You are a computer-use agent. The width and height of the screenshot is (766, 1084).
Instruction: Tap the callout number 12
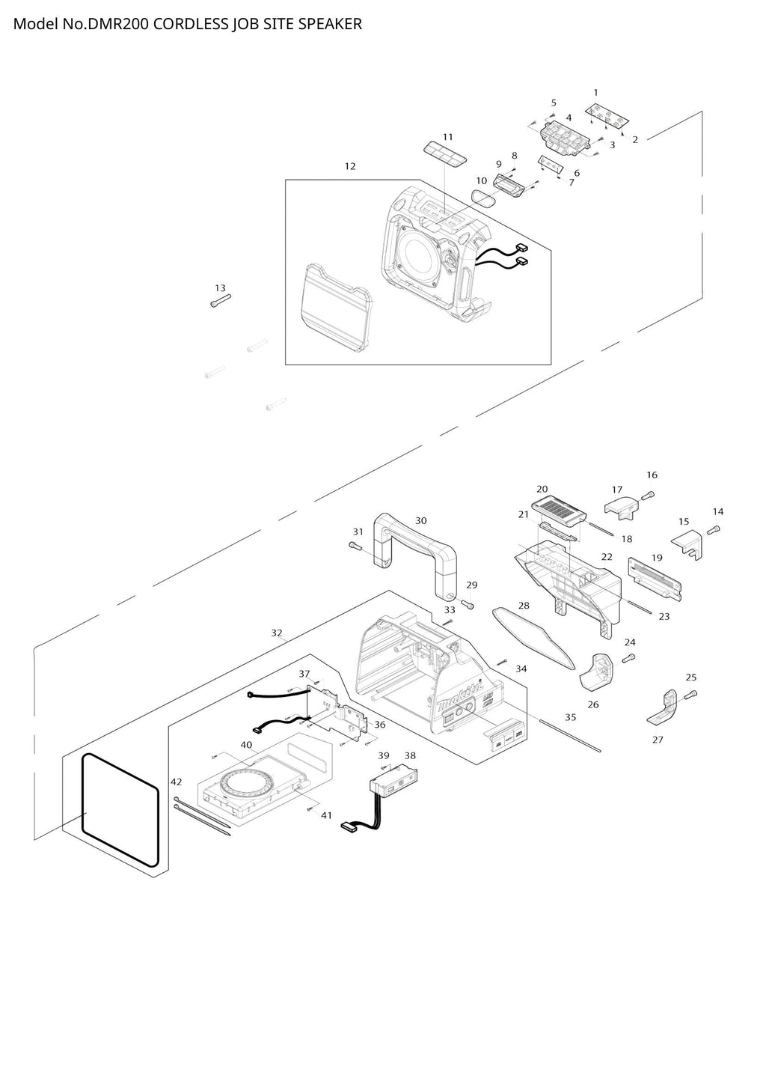coord(350,166)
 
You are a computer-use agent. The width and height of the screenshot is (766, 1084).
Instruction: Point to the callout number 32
coord(277,633)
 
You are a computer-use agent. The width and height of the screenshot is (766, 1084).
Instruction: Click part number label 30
coord(420,520)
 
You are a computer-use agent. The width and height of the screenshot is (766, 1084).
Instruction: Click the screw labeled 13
coord(221,300)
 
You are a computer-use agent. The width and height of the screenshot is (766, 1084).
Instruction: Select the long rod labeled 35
coord(570,736)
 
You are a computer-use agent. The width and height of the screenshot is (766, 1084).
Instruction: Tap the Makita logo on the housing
coord(459,698)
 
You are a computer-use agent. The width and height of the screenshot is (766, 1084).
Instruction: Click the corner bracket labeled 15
coord(687,543)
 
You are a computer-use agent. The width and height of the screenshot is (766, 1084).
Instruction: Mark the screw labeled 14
coord(714,530)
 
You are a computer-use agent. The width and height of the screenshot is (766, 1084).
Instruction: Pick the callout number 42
coord(177,782)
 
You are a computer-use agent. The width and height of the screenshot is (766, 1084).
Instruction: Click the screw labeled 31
coord(355,546)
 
